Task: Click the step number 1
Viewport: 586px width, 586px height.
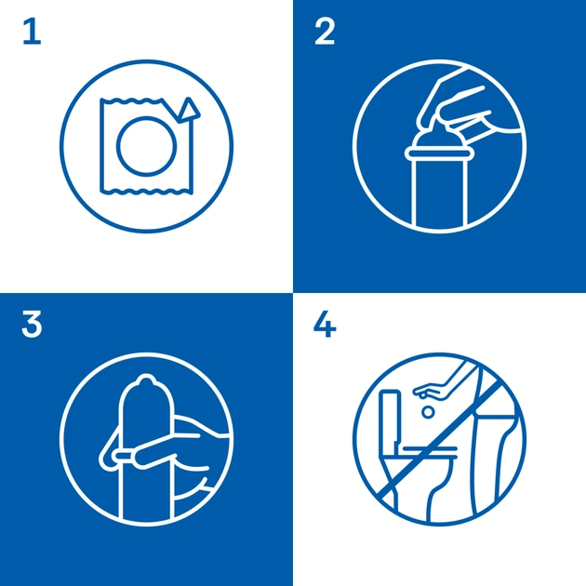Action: tap(32, 33)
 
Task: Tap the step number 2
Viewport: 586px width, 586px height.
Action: tap(325, 33)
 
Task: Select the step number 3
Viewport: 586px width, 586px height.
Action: tap(32, 326)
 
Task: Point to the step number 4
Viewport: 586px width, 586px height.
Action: tap(325, 325)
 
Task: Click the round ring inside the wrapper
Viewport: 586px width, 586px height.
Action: tap(147, 146)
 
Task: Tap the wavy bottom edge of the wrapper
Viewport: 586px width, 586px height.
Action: tap(147, 192)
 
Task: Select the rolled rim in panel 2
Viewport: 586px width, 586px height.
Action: tap(437, 153)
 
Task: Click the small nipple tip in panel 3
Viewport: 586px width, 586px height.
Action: tap(146, 380)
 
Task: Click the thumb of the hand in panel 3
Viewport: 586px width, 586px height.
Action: tap(155, 454)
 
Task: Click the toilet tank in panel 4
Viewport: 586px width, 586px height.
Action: tap(390, 418)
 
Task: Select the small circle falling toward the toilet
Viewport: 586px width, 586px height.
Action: tap(428, 412)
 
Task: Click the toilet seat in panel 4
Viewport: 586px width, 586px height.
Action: tap(430, 453)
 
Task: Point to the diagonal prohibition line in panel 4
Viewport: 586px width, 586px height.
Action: tap(440, 440)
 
